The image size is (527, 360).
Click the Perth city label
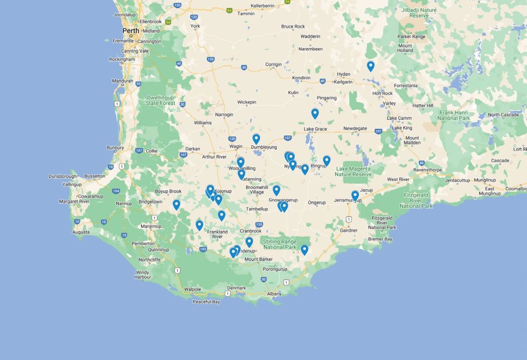pos(131,30)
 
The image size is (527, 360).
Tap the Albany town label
pos(274,294)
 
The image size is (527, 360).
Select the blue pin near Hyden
pos(371,66)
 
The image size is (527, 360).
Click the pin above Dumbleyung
pos(256,139)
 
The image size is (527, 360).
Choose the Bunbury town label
pos(115,148)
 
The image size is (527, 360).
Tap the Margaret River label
pos(75,201)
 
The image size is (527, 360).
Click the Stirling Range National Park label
pos(279,244)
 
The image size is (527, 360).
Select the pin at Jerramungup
pos(355,195)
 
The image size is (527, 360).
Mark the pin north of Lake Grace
pos(315,113)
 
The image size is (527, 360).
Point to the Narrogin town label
pos(224,114)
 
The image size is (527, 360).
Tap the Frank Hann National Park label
pos(453,115)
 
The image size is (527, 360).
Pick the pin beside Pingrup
pos(327,161)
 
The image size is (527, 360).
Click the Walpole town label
pos(192,289)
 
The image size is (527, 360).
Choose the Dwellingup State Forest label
pos(161,100)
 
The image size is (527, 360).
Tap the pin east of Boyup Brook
pos(177,204)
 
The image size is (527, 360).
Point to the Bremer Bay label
pos(380,239)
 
